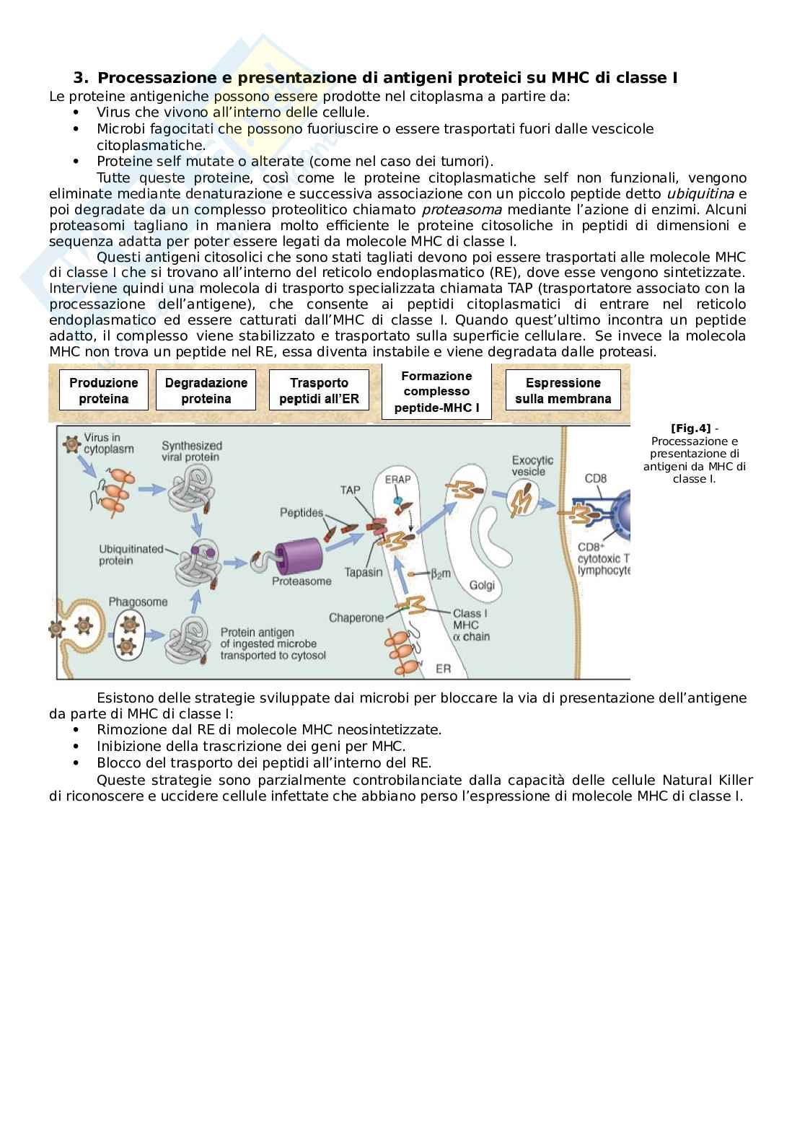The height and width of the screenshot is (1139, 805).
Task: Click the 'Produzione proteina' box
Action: point(104,390)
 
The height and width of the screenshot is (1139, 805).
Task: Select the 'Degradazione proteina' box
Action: point(206,390)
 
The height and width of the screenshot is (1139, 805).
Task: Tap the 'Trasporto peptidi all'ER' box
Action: point(319,390)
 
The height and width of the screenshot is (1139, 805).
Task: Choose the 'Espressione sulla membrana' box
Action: point(563,390)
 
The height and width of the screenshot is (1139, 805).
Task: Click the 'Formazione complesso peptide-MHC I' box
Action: point(436,392)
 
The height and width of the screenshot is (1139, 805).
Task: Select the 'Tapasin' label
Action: point(363,572)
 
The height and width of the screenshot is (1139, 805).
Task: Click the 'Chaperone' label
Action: point(356,617)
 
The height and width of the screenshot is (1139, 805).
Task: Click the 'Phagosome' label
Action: point(138,602)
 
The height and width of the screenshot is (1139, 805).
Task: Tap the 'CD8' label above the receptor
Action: point(596,478)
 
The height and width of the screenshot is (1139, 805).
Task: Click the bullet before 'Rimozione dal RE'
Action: point(77,730)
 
